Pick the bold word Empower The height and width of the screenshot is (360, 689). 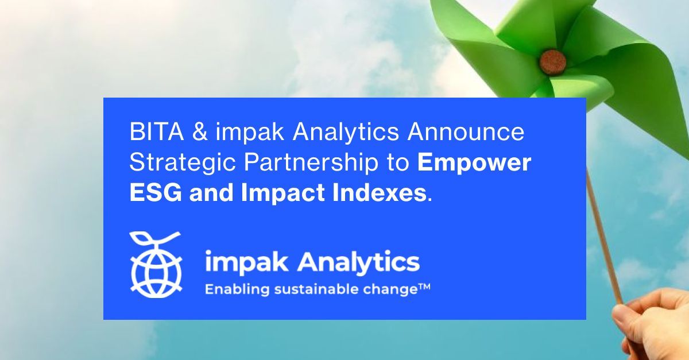click(x=474, y=163)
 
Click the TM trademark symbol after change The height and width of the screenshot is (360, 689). click(x=423, y=286)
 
